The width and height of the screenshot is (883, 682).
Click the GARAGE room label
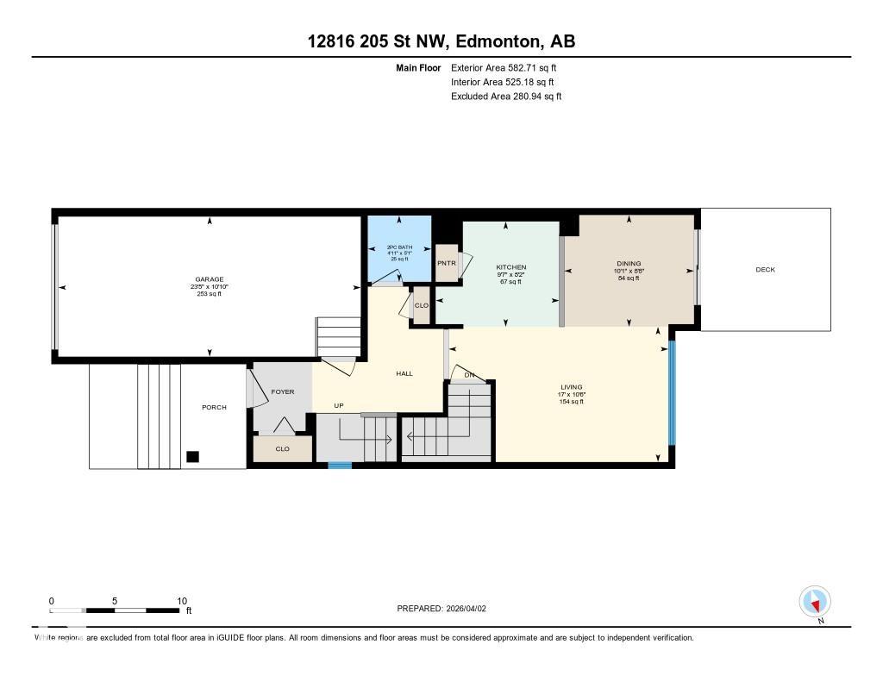[x=209, y=279]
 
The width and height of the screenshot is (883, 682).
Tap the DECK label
[x=765, y=270]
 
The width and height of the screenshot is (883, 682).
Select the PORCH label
[x=214, y=407]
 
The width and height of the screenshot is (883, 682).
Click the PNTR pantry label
[x=446, y=263]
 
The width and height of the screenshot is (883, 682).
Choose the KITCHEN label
[x=510, y=267]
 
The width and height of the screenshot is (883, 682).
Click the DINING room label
[x=629, y=264]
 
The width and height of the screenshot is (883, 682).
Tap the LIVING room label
[x=571, y=387]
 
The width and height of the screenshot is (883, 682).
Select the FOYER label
[x=282, y=391]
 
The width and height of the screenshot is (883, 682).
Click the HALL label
[x=404, y=373]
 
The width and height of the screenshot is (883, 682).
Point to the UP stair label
[x=340, y=405]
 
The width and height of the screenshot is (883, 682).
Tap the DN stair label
[x=469, y=375]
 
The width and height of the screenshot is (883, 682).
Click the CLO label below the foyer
[x=282, y=449]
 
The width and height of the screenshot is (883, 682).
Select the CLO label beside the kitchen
[x=422, y=306]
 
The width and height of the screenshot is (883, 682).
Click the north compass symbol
[x=814, y=601]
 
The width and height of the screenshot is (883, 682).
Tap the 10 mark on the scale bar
[x=181, y=601]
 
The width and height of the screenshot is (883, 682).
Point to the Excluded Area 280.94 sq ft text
[x=505, y=97]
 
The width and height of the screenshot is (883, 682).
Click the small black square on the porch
[x=193, y=457]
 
